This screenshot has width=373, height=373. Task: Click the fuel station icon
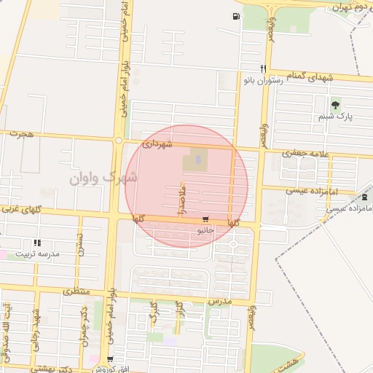click(x=236, y=17)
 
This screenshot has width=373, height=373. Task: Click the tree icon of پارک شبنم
click(x=335, y=106)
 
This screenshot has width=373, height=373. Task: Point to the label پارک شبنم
click(x=335, y=117)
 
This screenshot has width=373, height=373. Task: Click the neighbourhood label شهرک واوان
click(x=103, y=177)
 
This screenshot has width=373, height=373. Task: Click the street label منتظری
click(x=76, y=291)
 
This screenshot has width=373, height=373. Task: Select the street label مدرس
click(x=219, y=300)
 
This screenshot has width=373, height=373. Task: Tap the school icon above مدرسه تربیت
click(x=37, y=243)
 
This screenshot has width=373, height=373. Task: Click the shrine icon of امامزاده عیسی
click(x=364, y=197)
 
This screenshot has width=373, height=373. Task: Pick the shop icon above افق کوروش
click(x=110, y=359)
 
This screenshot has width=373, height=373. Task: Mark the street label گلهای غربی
click(x=22, y=211)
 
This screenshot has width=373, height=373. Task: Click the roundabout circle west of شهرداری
click(x=118, y=141)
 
